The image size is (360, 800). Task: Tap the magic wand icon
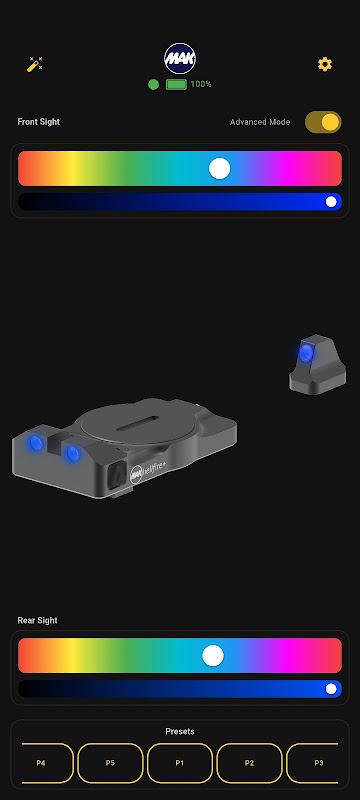point(35,64)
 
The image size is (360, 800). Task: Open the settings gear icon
point(325,64)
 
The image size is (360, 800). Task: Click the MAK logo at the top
point(180,59)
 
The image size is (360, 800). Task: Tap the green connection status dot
point(153,84)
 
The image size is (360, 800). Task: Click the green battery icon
point(176,84)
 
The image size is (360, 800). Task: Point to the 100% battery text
point(201,84)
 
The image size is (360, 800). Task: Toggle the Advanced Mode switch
point(323,122)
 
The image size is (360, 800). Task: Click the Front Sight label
point(39,122)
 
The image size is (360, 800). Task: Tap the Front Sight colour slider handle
point(220,168)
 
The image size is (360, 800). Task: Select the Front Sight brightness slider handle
point(331,202)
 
